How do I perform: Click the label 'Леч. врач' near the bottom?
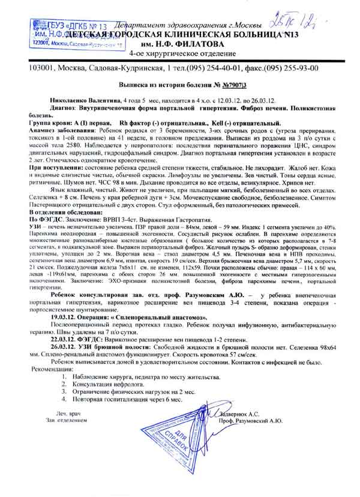click(67, 414)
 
